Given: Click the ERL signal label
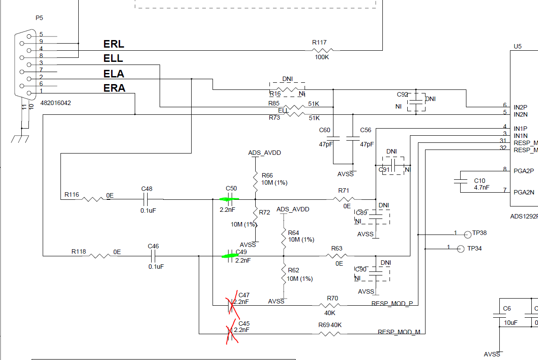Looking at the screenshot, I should click(114, 44).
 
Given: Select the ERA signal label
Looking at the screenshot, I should click(114, 88).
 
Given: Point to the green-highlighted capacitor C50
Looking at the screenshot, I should click(230, 199).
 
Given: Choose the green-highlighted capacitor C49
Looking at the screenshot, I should click(229, 256).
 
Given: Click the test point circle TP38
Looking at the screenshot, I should click(467, 235).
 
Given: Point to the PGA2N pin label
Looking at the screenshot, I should click(524, 192).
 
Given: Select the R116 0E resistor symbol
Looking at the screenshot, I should click(93, 199).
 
